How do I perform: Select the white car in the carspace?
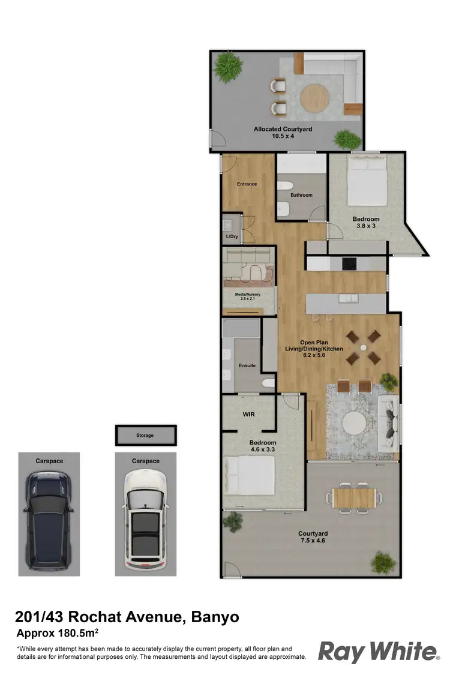click(x=145, y=519)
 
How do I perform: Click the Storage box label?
click(x=145, y=435)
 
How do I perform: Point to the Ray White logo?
click(x=379, y=651)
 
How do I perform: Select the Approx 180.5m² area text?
click(x=57, y=633)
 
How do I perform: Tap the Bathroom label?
click(x=301, y=195)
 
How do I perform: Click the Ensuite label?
click(x=247, y=365)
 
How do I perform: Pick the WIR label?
click(x=249, y=414)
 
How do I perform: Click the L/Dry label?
click(x=232, y=236)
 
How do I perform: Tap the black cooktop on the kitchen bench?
click(x=349, y=263)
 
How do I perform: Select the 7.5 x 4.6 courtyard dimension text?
click(x=313, y=541)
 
